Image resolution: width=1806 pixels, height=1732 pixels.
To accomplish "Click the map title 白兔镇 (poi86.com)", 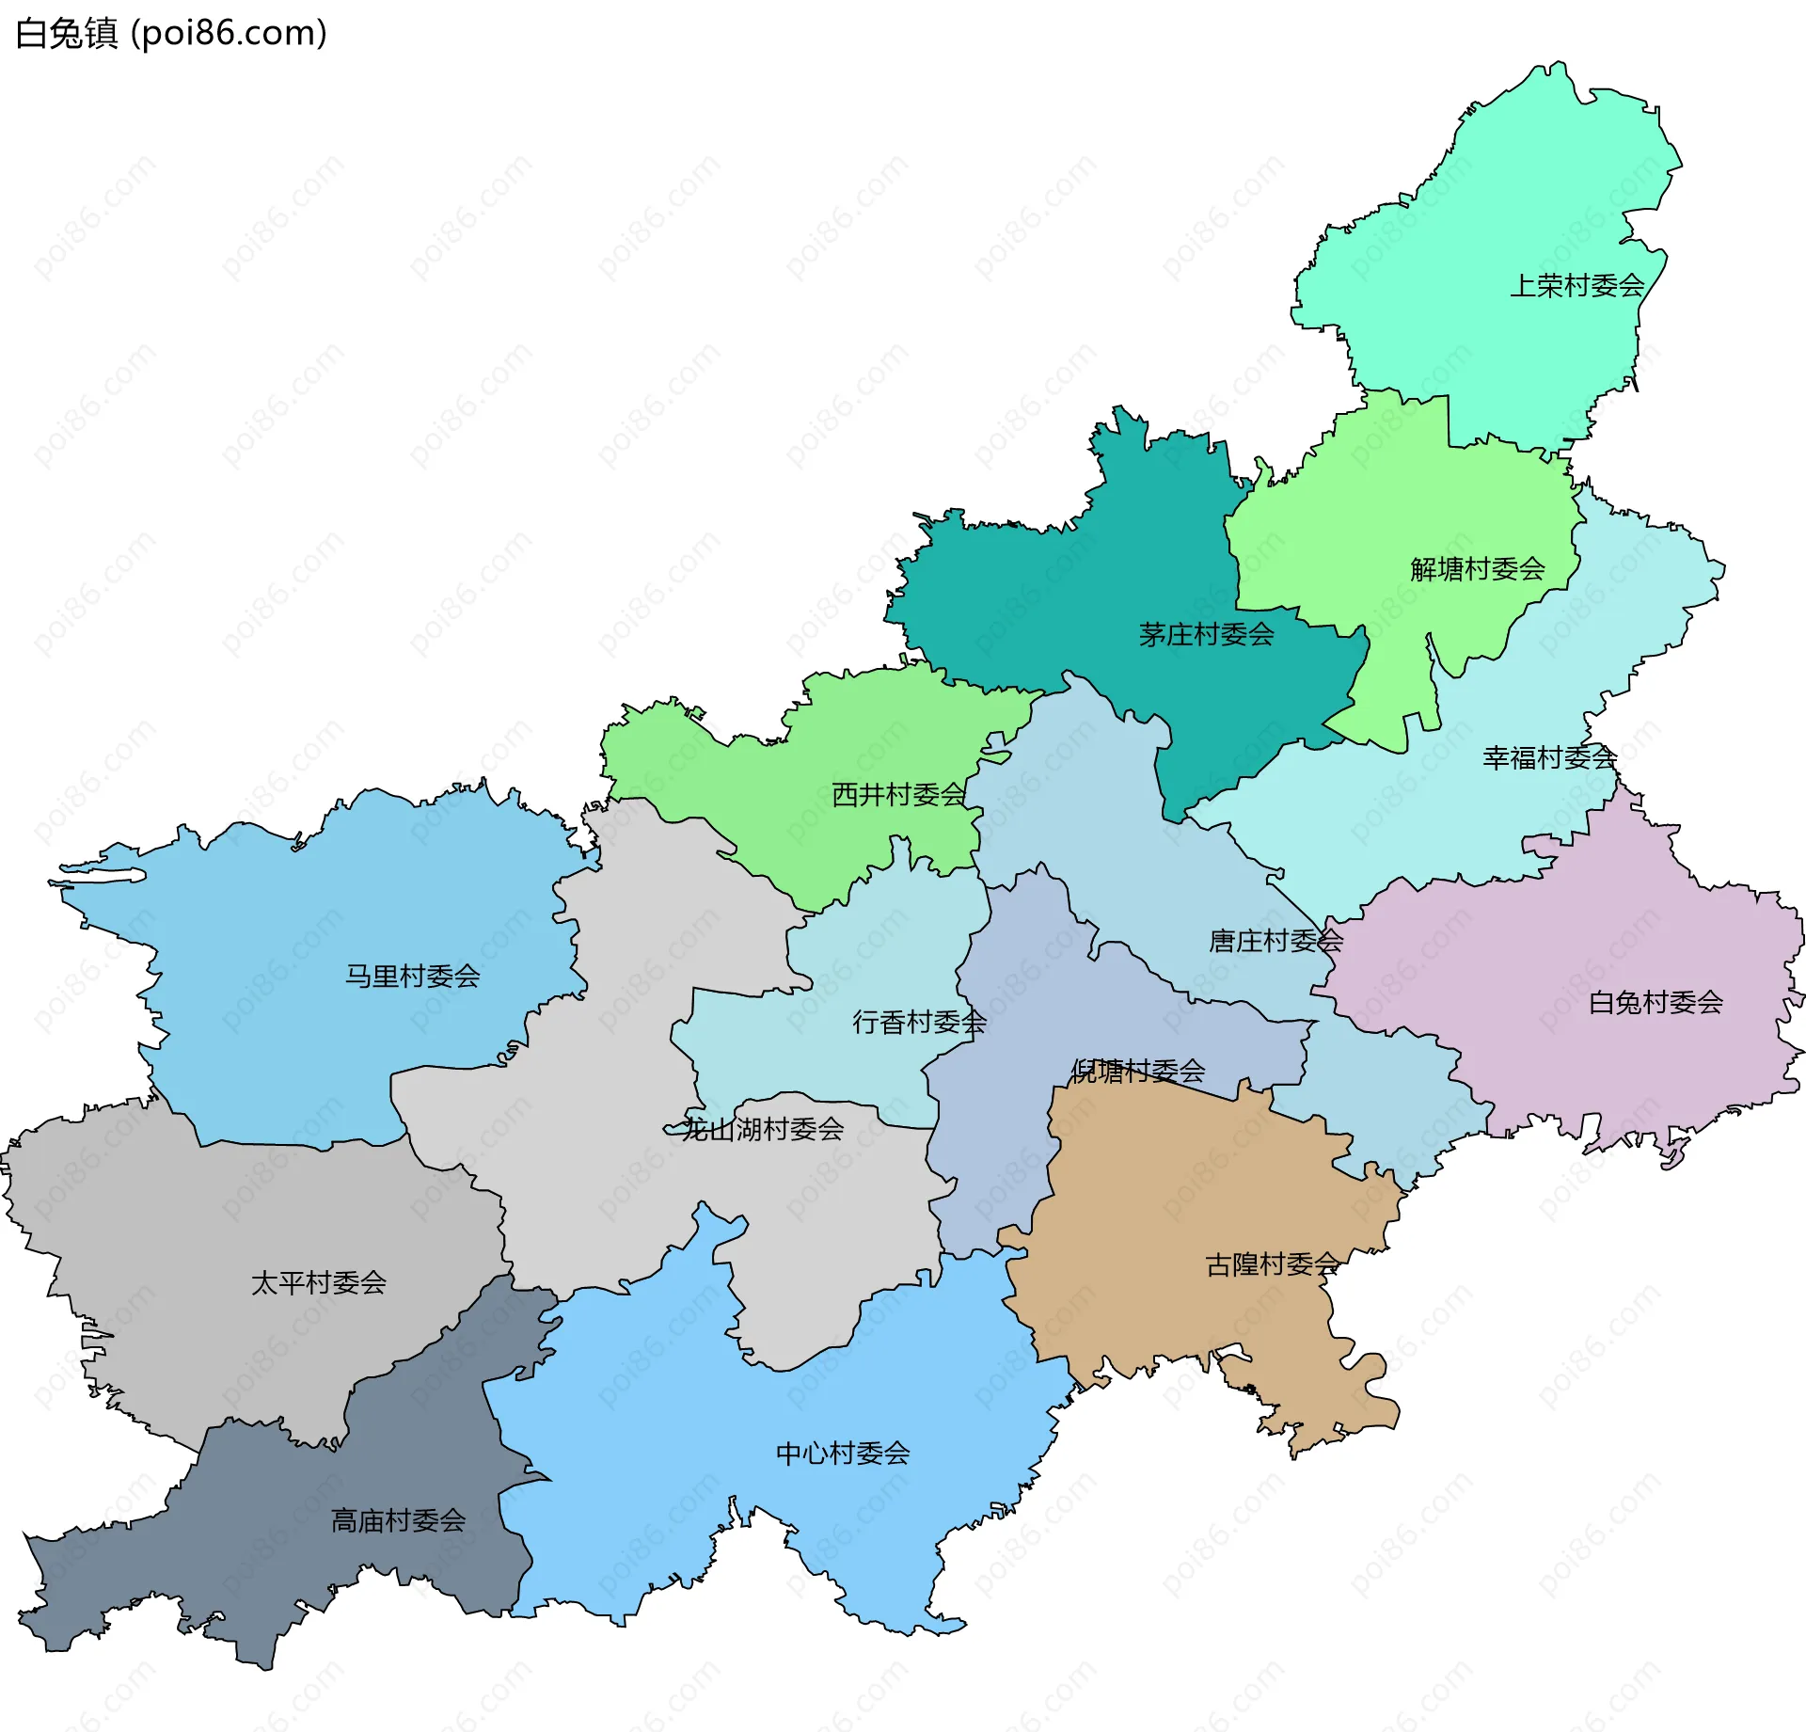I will pyautogui.click(x=171, y=33).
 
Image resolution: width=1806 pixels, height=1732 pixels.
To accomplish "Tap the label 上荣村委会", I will pyautogui.click(x=1576, y=286).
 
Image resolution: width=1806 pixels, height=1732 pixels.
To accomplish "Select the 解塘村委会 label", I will pyautogui.click(x=1477, y=569).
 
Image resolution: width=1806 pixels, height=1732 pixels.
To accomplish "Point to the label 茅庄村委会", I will pyautogui.click(x=1206, y=635).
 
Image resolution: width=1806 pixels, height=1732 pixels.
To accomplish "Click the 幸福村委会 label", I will pyautogui.click(x=1549, y=757).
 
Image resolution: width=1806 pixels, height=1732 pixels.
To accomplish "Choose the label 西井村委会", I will pyautogui.click(x=898, y=795).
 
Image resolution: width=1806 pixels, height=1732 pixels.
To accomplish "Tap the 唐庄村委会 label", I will pyautogui.click(x=1275, y=941).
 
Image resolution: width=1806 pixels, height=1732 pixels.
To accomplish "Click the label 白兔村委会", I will pyautogui.click(x=1655, y=1003).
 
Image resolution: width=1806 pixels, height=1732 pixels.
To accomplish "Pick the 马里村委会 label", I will pyautogui.click(x=412, y=977).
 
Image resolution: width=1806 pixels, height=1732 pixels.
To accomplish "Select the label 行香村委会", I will pyautogui.click(x=919, y=1023).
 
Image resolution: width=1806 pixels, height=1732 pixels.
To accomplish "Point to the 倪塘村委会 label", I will pyautogui.click(x=1138, y=1071).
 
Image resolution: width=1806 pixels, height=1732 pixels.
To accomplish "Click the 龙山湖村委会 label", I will pyautogui.click(x=762, y=1129).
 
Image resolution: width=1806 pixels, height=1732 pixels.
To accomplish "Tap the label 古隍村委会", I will pyautogui.click(x=1272, y=1265).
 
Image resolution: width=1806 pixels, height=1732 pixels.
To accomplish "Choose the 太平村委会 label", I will pyautogui.click(x=318, y=1283).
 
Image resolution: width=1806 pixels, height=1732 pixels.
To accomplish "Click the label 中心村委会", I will pyautogui.click(x=842, y=1454).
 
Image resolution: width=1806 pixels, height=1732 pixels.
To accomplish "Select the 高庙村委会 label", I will pyautogui.click(x=398, y=1521).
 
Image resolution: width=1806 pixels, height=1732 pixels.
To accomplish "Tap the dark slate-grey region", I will pyautogui.click(x=282, y=1562).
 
